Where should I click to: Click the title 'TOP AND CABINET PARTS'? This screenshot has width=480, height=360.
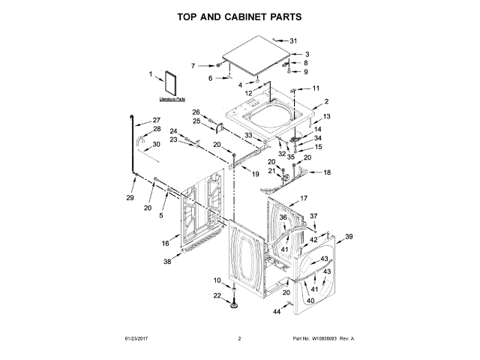tap(239, 16)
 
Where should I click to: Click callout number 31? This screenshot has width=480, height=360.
tap(293, 40)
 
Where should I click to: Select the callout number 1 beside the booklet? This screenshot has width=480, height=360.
tap(150, 73)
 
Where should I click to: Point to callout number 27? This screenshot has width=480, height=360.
tap(157, 120)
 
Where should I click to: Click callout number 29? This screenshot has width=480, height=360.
tap(130, 198)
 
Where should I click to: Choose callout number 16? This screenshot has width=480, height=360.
tap(166, 244)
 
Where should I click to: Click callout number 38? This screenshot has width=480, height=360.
tap(167, 262)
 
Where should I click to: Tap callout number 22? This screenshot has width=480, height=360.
tap(217, 296)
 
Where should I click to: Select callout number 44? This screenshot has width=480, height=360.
tap(276, 310)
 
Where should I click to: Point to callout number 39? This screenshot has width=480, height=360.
tap(348, 237)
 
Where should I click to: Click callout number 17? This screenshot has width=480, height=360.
tap(304, 198)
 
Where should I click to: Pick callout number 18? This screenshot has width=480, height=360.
tap(326, 172)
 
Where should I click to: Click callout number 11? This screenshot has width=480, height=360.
tap(316, 88)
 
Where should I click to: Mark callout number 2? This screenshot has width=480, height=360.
tap(326, 102)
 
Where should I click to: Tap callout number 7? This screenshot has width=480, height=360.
tap(193, 66)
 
